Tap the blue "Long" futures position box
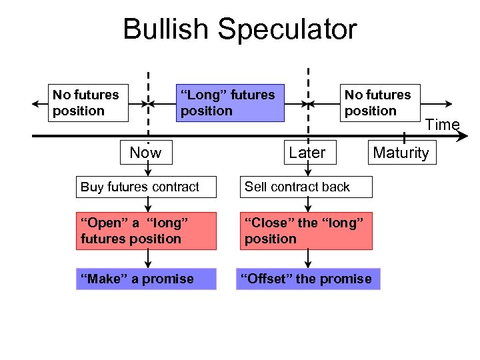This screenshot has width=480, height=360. [x=228, y=103]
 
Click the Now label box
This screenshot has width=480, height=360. [x=145, y=153]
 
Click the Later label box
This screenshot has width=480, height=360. [x=307, y=153]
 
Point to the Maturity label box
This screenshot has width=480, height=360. [x=401, y=153]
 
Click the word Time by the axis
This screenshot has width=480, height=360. [x=443, y=125]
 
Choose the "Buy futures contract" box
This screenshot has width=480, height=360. [x=146, y=187]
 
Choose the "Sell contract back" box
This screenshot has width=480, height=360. [x=306, y=187]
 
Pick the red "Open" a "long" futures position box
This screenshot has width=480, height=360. [x=146, y=231]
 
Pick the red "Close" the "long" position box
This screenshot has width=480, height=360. [x=306, y=231]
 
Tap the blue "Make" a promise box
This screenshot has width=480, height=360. [x=146, y=279]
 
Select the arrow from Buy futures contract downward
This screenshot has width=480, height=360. [x=146, y=205]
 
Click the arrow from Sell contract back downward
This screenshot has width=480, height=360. [x=307, y=205]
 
